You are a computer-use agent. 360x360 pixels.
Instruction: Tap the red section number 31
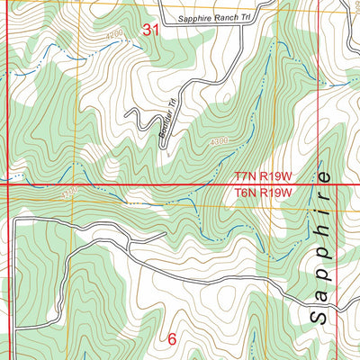pos(152,30)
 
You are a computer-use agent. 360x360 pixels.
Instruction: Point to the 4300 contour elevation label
pos(218,142)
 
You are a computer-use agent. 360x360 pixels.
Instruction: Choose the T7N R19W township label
pos(265,178)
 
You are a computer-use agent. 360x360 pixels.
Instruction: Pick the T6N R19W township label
pos(265,193)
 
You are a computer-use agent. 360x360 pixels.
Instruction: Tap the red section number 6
pos(172,340)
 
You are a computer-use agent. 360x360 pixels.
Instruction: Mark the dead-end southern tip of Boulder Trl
pos(166,153)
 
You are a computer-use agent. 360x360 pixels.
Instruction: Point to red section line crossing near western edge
pos(7,186)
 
